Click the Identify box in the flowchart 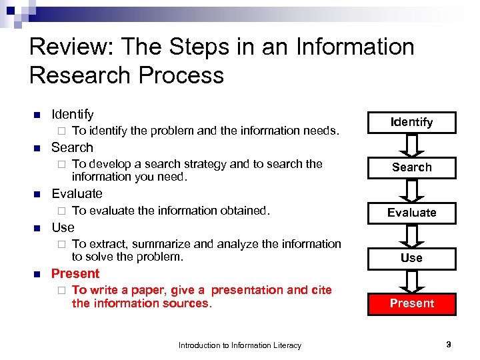[411, 122]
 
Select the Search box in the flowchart [411, 167]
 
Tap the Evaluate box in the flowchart [411, 213]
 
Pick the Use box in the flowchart [411, 257]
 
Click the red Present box [411, 303]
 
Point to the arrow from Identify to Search [411, 145]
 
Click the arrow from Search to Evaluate [411, 190]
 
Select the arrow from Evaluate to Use [411, 235]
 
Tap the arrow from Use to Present [411, 280]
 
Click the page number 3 [449, 345]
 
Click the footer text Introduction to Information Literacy [239, 345]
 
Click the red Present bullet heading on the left [75, 273]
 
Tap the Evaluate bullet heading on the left [77, 194]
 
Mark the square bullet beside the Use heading [37, 227]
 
